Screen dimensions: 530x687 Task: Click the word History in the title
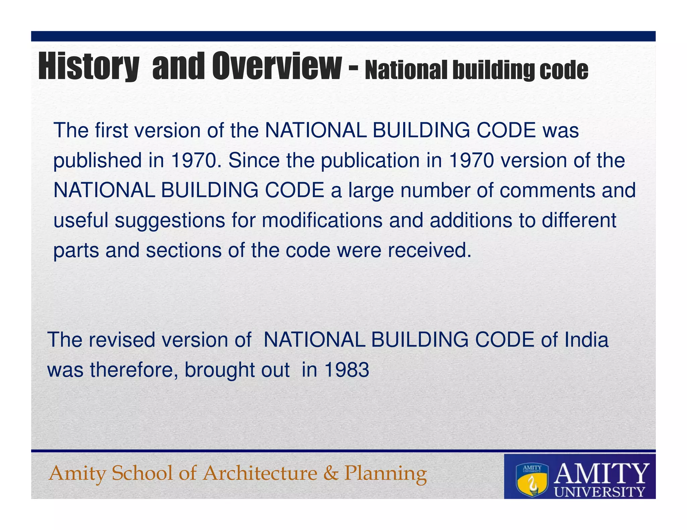(89, 66)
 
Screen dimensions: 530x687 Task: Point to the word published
(97, 161)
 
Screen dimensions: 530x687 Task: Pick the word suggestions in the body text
(170, 221)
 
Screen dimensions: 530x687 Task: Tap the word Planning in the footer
(385, 474)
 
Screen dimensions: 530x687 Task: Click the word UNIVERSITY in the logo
(600, 492)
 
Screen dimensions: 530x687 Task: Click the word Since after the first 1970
(254, 160)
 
